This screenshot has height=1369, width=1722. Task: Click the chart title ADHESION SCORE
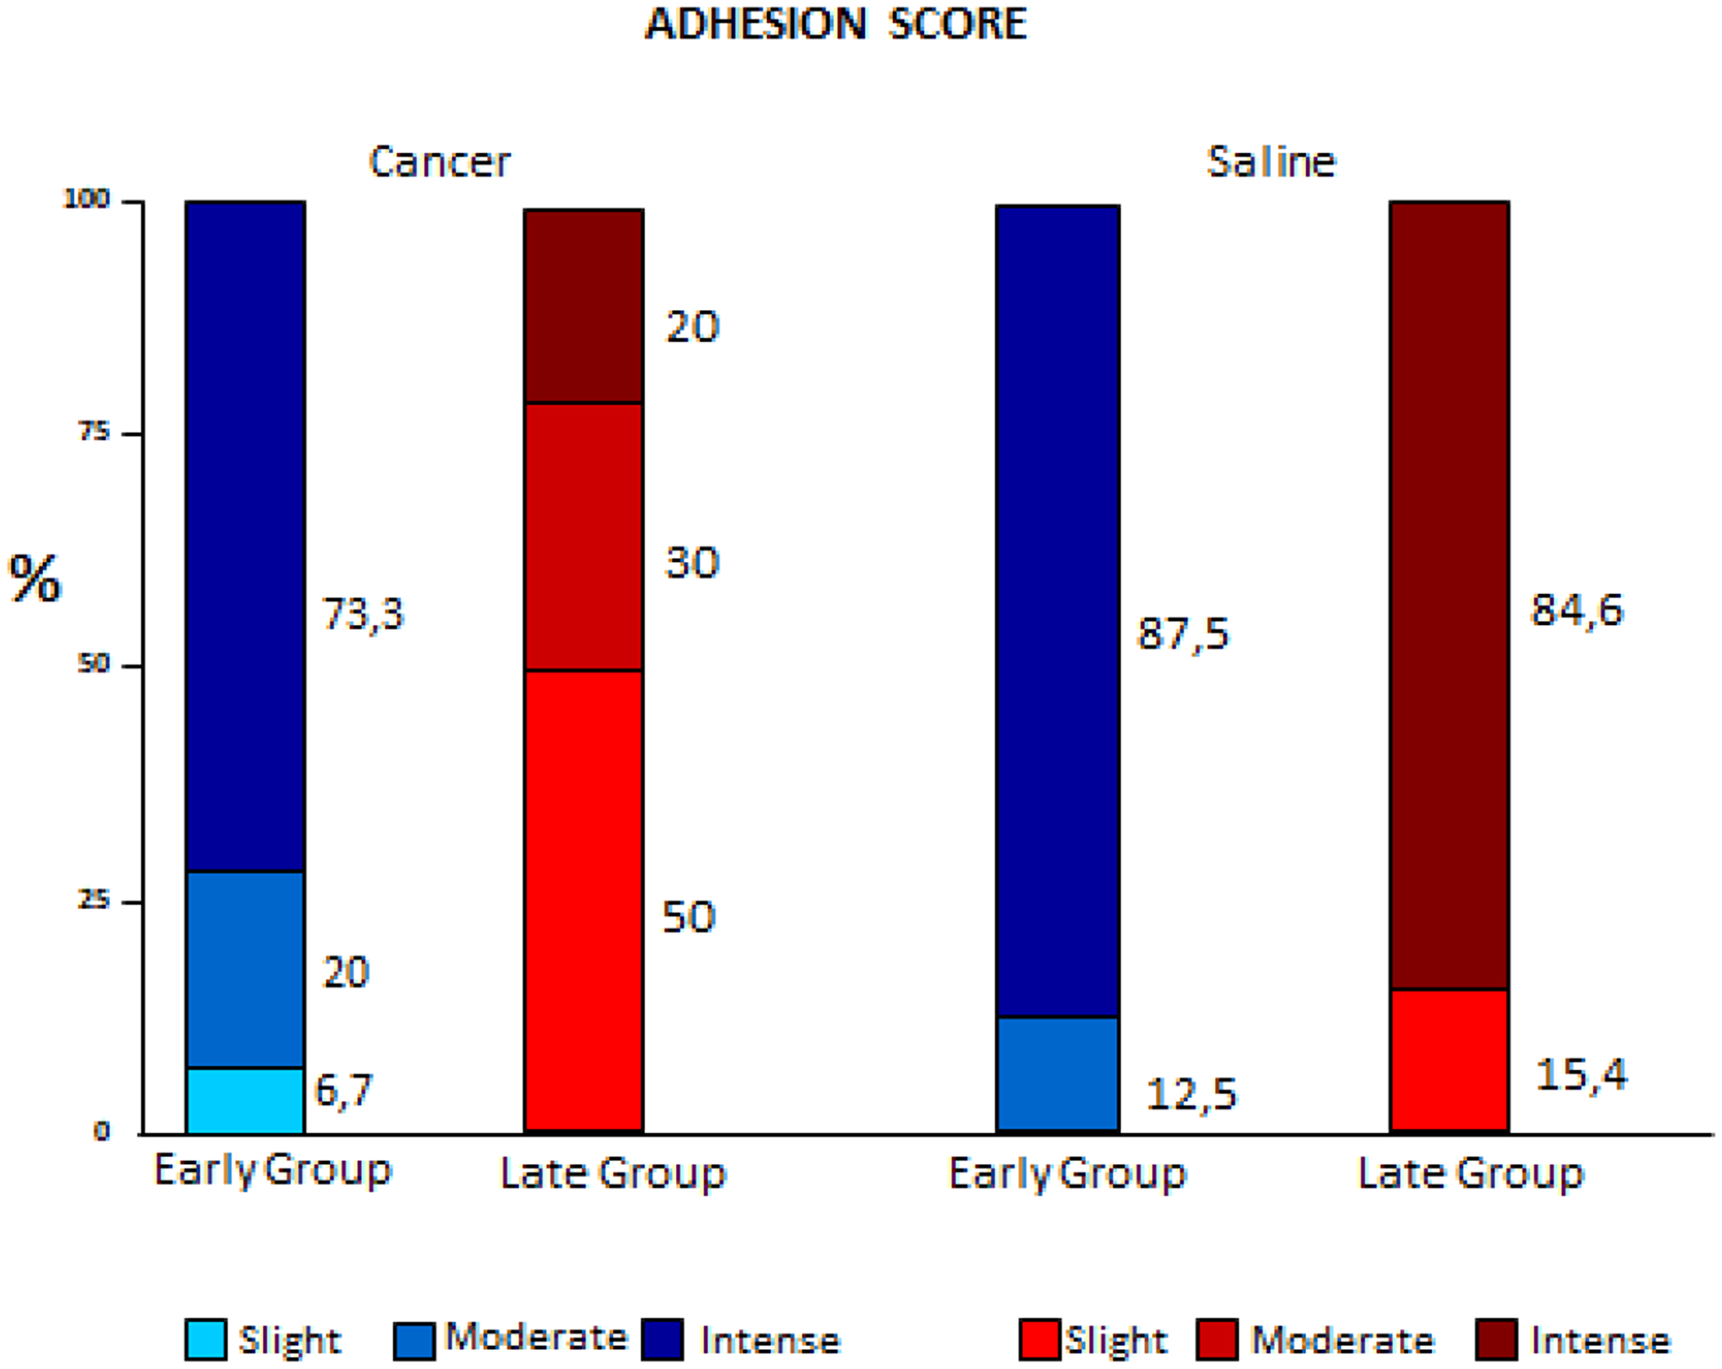tap(836, 23)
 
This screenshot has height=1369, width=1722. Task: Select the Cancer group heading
tap(439, 162)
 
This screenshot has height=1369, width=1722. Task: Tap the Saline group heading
tap(1271, 162)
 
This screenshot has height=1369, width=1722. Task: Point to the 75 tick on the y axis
tap(94, 432)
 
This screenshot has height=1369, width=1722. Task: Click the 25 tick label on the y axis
tap(94, 901)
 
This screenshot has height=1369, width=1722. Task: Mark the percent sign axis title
tap(34, 579)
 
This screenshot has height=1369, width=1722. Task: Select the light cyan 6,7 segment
tap(245, 1100)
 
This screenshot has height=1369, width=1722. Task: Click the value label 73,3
tap(362, 615)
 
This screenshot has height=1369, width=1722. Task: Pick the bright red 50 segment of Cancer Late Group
tap(584, 900)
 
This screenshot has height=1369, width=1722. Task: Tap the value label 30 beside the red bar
tap(691, 563)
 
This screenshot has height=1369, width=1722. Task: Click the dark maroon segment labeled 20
tap(584, 306)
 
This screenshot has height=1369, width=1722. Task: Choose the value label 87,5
tap(1183, 635)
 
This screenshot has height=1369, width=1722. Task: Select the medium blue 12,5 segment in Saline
tap(1057, 1074)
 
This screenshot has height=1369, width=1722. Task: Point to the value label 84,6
tap(1576, 610)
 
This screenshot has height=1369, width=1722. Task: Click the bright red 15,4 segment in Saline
tap(1449, 1060)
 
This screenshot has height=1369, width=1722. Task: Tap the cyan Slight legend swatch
tap(206, 1339)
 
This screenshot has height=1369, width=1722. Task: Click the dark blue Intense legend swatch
tap(662, 1339)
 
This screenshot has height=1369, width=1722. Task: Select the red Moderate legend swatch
tap(1217, 1339)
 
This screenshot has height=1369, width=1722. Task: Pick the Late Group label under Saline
tap(1471, 1174)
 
